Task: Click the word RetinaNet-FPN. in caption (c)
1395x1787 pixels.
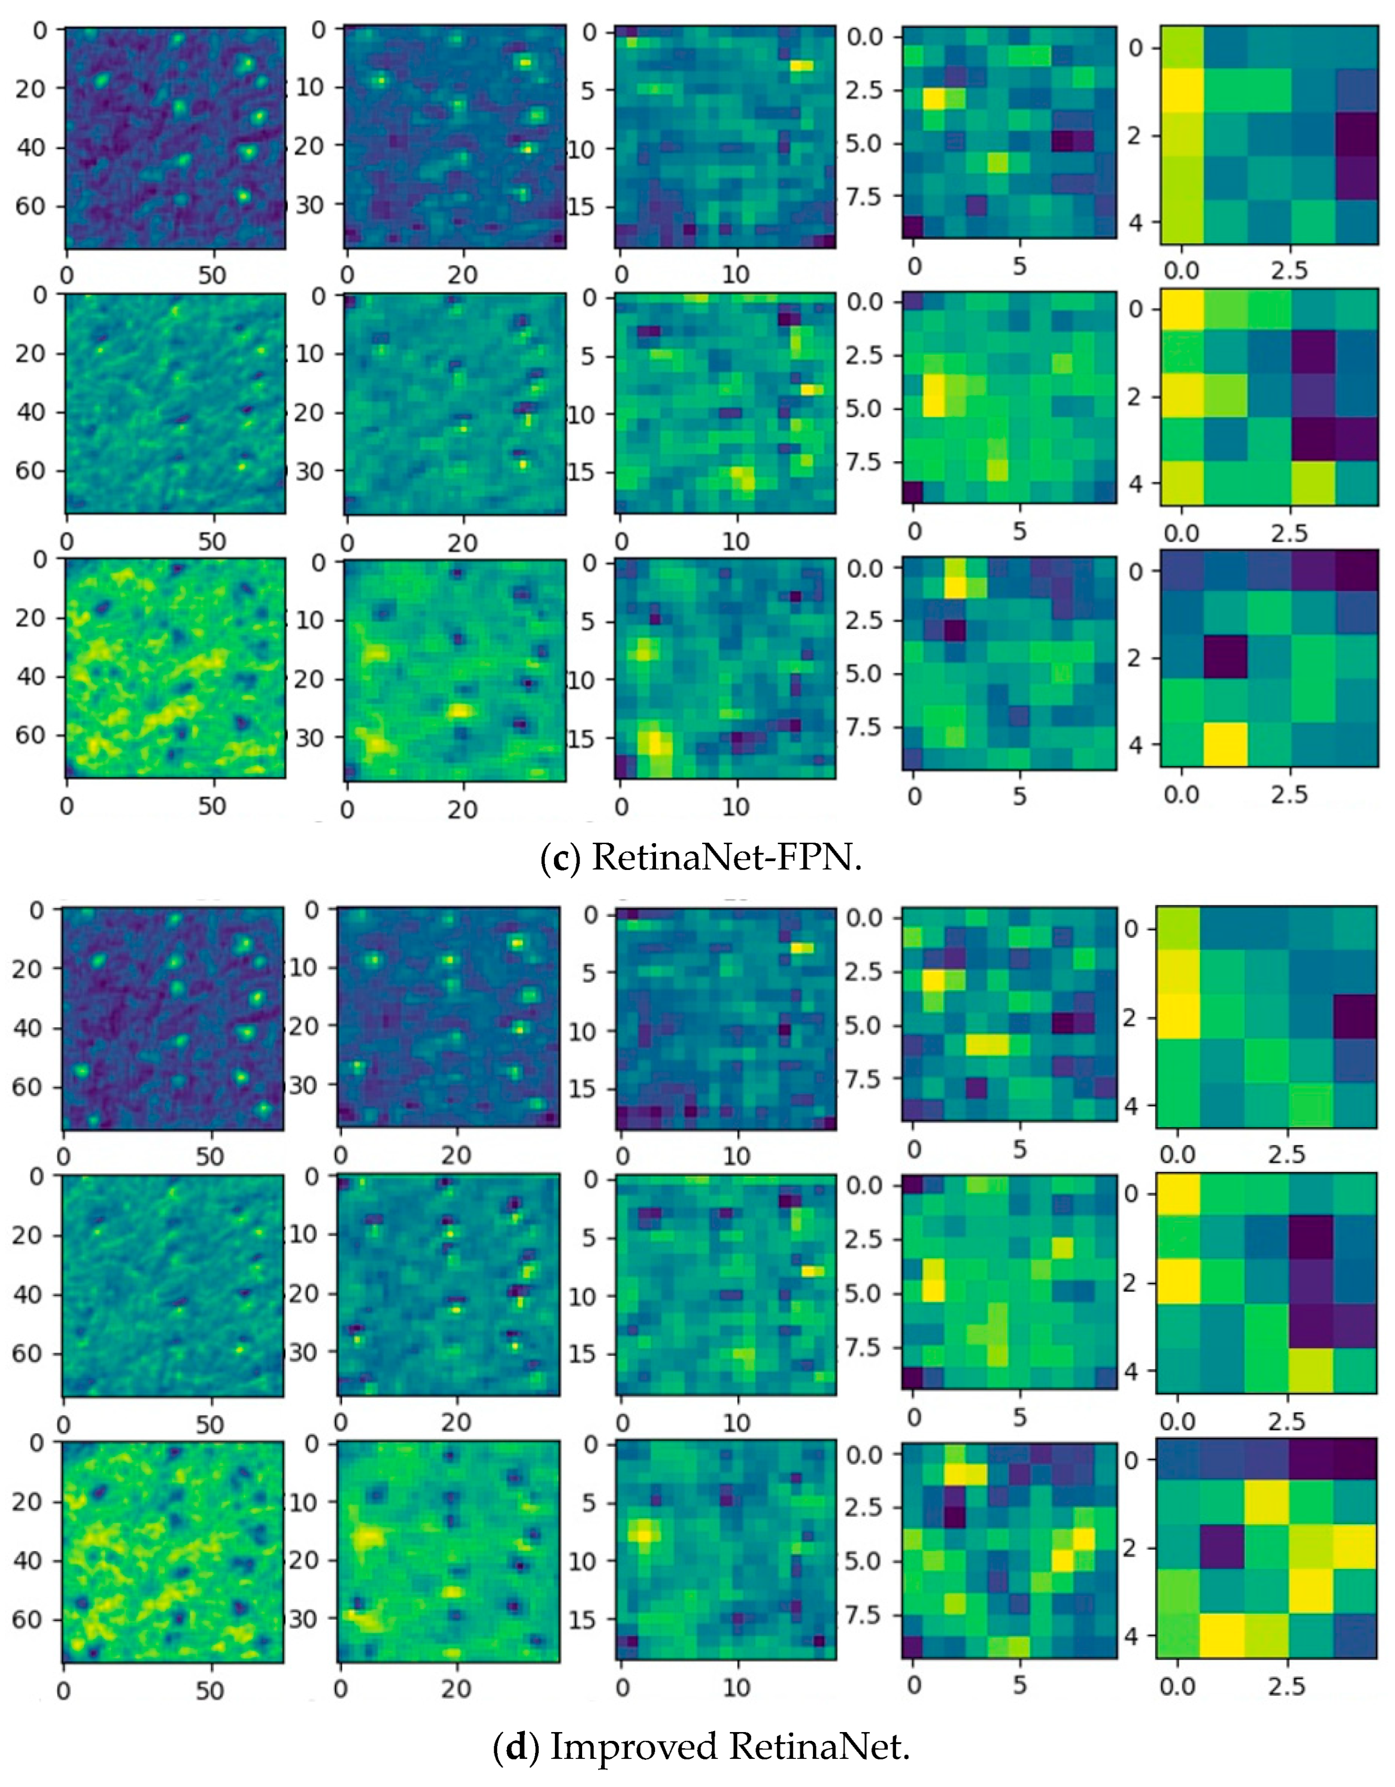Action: tap(726, 857)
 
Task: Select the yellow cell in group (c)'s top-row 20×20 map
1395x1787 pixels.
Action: tap(802, 66)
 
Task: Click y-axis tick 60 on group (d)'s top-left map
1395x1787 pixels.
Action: tap(28, 1088)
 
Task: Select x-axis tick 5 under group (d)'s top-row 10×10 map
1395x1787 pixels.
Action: tap(1019, 1149)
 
